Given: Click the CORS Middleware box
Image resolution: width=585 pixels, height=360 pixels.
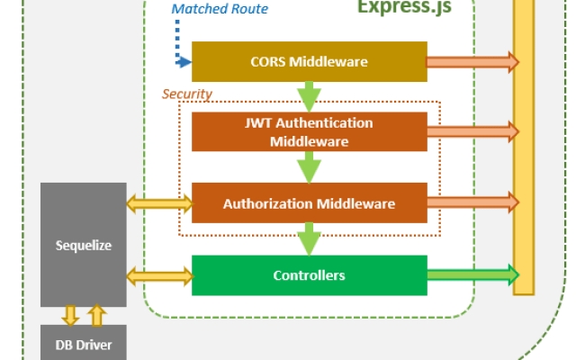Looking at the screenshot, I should coord(309,62).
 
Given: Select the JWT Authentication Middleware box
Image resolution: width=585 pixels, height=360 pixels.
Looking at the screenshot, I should coord(309,132).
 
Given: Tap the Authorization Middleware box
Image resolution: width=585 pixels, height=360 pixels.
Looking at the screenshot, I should coord(309,203).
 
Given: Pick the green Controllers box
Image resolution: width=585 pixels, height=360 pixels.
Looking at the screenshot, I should coord(309,274).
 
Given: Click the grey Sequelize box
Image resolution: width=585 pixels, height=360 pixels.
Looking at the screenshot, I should coord(84,244).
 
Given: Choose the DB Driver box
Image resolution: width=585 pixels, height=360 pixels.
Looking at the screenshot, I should coord(84,344).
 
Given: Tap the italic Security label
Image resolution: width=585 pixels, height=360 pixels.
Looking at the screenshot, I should coord(186,94).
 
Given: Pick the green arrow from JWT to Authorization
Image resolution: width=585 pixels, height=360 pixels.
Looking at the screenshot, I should coord(309,167).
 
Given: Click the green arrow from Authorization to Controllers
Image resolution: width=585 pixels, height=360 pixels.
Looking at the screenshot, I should coord(309,238).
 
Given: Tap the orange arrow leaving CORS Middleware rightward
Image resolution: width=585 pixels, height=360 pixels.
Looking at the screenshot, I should coord(472,62).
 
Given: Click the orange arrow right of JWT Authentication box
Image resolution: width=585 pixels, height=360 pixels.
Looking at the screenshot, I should coord(472,132).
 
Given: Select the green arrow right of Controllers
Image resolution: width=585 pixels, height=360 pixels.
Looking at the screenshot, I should coord(472,274).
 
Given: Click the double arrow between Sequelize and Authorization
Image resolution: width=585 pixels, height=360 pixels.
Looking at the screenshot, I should coord(159,204).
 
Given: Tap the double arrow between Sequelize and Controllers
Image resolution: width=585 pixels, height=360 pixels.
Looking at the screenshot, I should coord(159,274).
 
